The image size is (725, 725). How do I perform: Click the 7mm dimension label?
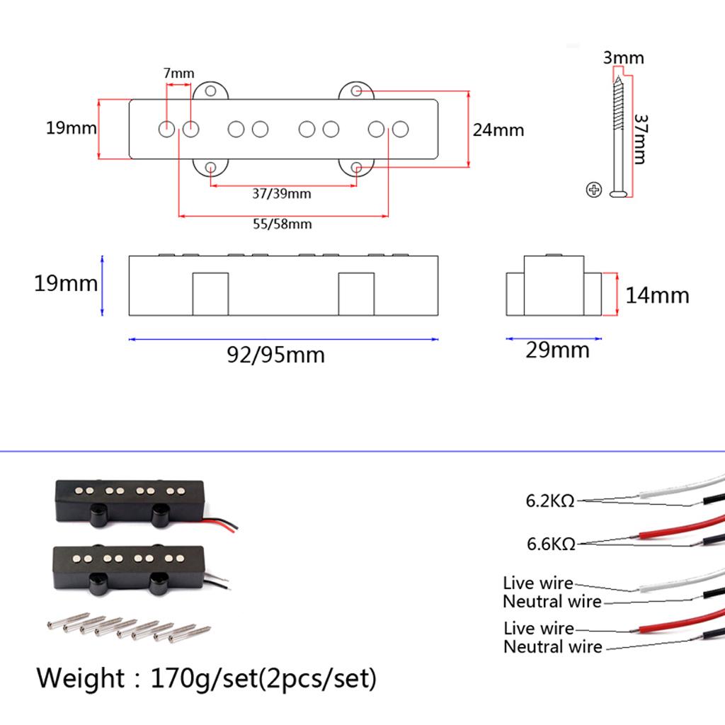(178, 73)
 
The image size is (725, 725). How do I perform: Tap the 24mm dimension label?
(498, 130)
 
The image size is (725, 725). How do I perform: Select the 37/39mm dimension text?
(281, 193)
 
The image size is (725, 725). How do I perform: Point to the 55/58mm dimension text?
(282, 224)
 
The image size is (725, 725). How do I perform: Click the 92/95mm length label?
(275, 354)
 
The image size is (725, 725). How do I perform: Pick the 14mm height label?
(657, 295)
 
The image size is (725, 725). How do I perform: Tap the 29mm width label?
(557, 350)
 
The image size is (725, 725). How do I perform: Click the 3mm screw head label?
(623, 57)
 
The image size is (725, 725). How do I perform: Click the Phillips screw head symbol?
(593, 189)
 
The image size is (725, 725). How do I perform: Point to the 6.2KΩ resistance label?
(549, 501)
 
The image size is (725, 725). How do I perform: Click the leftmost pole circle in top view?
(166, 130)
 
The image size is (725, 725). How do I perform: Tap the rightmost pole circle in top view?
(401, 130)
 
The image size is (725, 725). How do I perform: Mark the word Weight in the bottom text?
(79, 678)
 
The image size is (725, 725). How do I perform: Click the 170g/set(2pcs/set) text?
(263, 678)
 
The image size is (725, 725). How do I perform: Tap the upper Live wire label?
(537, 583)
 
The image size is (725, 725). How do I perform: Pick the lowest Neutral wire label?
(552, 646)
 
